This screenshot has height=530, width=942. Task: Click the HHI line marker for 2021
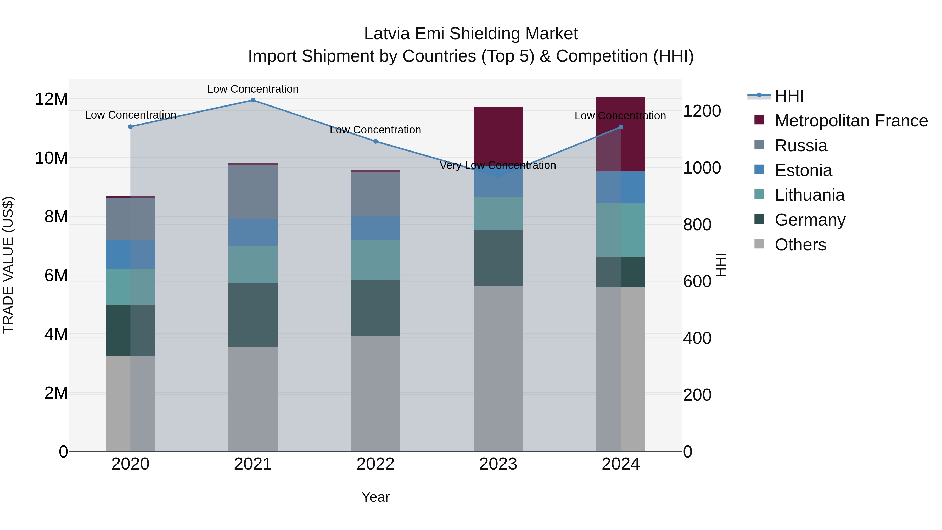pyautogui.click(x=253, y=100)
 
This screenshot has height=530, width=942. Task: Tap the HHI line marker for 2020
pyautogui.click(x=131, y=127)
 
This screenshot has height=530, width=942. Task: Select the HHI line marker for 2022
pyautogui.click(x=375, y=141)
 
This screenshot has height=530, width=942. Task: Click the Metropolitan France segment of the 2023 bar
pyautogui.click(x=498, y=135)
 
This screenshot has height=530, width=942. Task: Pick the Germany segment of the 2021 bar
pyautogui.click(x=253, y=315)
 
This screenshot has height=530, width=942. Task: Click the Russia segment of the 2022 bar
pyautogui.click(x=375, y=194)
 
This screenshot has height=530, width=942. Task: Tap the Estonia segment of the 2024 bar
pyautogui.click(x=621, y=187)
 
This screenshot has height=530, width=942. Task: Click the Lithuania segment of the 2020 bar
pyautogui.click(x=131, y=286)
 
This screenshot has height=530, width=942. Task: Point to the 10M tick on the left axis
pyautogui.click(x=51, y=158)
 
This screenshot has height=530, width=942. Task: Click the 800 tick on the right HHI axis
pyautogui.click(x=697, y=225)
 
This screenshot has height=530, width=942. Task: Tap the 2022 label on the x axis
pyautogui.click(x=375, y=464)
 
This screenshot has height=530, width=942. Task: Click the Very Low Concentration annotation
pyautogui.click(x=498, y=165)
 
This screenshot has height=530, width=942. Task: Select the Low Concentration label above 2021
pyautogui.click(x=253, y=89)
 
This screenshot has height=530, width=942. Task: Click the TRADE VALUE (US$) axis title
pyautogui.click(x=8, y=265)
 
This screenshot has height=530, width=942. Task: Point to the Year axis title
pyautogui.click(x=375, y=497)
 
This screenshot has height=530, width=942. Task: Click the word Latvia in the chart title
pyautogui.click(x=387, y=34)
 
